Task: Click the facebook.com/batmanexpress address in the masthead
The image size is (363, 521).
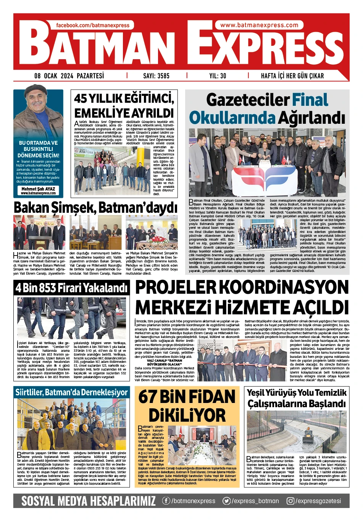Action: pyautogui.click(x=93, y=25)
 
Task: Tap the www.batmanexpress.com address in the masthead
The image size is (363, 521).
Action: pyautogui.click(x=259, y=25)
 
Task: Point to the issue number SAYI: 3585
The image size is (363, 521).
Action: pyautogui.click(x=156, y=76)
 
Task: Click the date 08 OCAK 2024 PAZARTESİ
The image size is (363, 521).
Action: pyautogui.click(x=69, y=76)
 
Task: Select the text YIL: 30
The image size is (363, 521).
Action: pyautogui.click(x=218, y=76)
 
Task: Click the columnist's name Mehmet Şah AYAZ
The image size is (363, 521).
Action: pyautogui.click(x=38, y=189)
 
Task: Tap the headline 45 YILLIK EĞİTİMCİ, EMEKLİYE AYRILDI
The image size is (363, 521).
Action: pyautogui.click(x=124, y=106)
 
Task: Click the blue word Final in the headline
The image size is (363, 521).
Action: pyautogui.click(x=310, y=100)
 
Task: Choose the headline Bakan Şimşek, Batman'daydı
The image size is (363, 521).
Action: pyautogui.click(x=95, y=207)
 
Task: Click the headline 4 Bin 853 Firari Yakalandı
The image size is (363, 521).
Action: pyautogui.click(x=71, y=288)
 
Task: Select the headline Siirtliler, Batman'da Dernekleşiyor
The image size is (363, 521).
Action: pyautogui.click(x=71, y=392)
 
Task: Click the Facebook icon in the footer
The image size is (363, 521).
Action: pyautogui.click(x=166, y=501)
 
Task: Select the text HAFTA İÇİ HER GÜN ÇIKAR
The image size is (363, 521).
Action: pyautogui.click(x=292, y=76)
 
